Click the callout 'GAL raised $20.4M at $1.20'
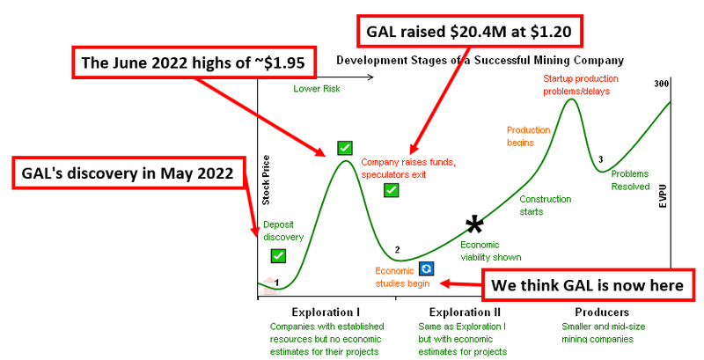[470, 31]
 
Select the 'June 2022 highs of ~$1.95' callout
[193, 62]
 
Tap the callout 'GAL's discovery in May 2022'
[128, 173]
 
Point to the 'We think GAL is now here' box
[588, 285]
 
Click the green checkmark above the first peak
[345, 148]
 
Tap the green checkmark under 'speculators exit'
[392, 190]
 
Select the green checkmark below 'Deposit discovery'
[278, 256]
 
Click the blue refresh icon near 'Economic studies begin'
[426, 268]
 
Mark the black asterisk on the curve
[474, 224]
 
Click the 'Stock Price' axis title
[266, 180]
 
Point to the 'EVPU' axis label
[663, 195]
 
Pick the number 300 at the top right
[661, 84]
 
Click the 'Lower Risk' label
[317, 88]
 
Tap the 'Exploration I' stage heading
[326, 312]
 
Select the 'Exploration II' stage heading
[465, 312]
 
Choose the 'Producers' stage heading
[602, 312]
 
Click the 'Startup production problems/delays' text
[581, 84]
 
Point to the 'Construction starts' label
[545, 205]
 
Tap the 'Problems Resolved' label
[630, 180]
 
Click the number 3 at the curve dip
[601, 159]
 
